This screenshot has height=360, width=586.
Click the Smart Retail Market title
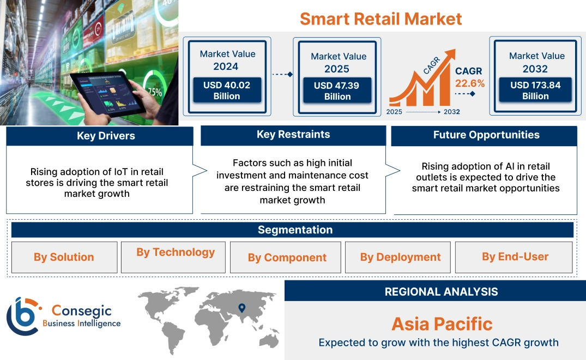[380, 19]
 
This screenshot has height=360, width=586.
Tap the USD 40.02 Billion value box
[227, 91]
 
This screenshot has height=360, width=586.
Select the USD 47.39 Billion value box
[337, 91]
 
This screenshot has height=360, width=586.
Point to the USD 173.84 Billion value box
[535, 91]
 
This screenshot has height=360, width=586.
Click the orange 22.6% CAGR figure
[469, 83]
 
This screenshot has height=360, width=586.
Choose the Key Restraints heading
[293, 135]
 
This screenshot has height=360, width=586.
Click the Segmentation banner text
[295, 230]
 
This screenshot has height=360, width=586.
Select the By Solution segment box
[64, 257]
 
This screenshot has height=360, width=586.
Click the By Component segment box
[287, 257]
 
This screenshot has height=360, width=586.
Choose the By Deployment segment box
[400, 257]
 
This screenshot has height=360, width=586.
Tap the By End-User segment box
[515, 257]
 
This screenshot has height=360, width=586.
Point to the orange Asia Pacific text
[442, 324]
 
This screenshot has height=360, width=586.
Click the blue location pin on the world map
[241, 308]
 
